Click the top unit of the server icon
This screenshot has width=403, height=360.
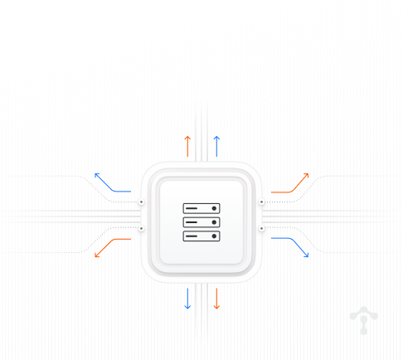click(201, 208)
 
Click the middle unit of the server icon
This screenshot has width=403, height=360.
click(201, 222)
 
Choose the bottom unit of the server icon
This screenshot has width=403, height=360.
click(201, 236)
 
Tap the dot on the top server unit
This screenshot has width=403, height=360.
click(214, 208)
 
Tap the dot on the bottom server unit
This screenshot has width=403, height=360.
click(214, 236)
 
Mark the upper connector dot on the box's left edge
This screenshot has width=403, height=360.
click(141, 202)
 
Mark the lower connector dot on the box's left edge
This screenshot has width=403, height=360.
click(141, 228)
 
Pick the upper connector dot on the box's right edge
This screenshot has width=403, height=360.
click(262, 202)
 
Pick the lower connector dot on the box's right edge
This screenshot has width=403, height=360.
click(262, 228)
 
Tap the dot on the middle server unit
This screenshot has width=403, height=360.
click(214, 222)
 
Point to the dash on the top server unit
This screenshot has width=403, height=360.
click(193, 208)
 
